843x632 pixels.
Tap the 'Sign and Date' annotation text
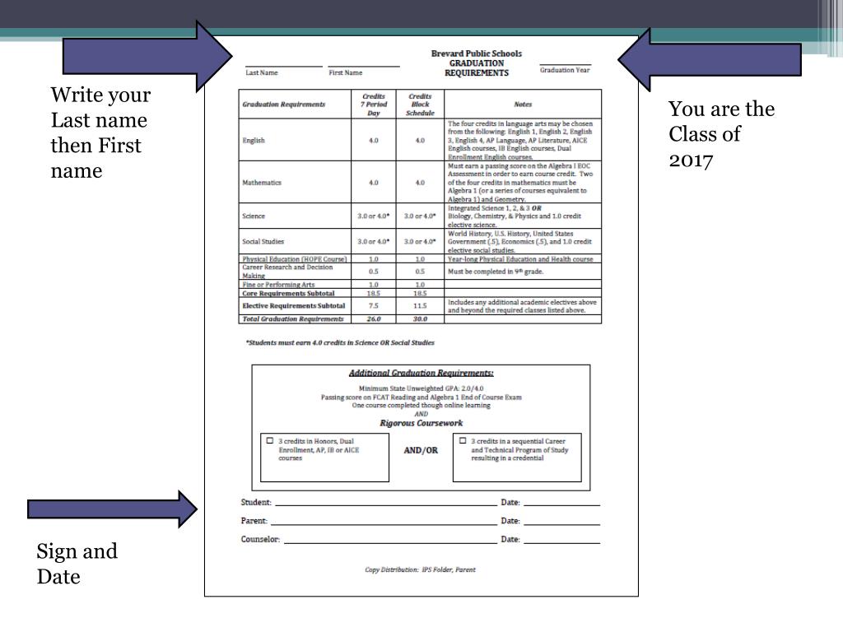pyautogui.click(x=77, y=564)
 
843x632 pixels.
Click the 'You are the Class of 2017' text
pyautogui.click(x=721, y=133)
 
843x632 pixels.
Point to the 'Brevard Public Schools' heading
pyautogui.click(x=477, y=53)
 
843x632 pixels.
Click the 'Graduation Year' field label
pyautogui.click(x=565, y=70)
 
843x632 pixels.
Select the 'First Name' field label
pyautogui.click(x=346, y=73)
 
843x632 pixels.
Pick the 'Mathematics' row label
pyautogui.click(x=263, y=183)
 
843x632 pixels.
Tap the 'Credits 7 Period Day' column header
pyautogui.click(x=374, y=105)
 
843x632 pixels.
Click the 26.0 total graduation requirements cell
pyautogui.click(x=374, y=319)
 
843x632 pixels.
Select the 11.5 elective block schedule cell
pyautogui.click(x=420, y=305)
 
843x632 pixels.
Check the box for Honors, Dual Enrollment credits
pyautogui.click(x=270, y=441)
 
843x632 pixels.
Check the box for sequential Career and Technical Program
pyautogui.click(x=463, y=441)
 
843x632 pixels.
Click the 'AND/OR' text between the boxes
pyautogui.click(x=421, y=450)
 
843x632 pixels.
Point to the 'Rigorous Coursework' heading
pyautogui.click(x=421, y=423)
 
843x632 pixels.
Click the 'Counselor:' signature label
pyautogui.click(x=260, y=540)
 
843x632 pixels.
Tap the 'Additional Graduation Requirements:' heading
pyautogui.click(x=421, y=374)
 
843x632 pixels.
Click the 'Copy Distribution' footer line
pyautogui.click(x=420, y=569)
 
